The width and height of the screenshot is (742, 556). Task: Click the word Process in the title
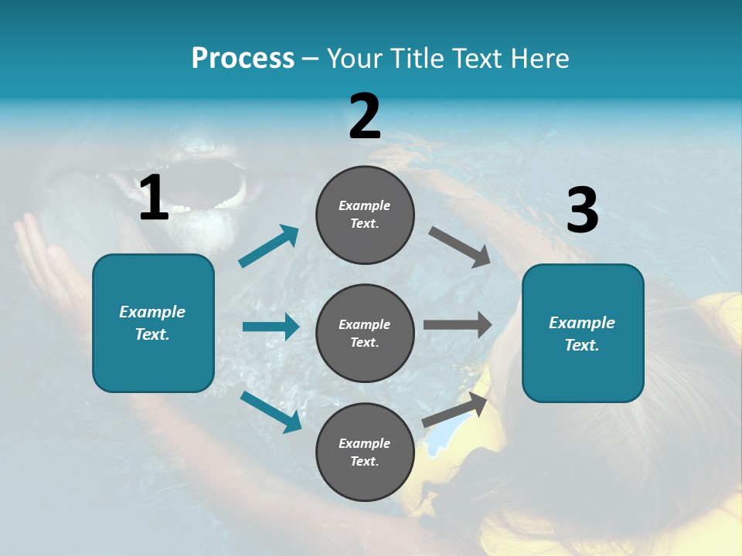coord(243,58)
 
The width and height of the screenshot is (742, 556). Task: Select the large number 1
coord(153,198)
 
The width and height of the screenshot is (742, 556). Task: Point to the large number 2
coord(365,117)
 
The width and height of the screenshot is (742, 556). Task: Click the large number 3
coord(582,211)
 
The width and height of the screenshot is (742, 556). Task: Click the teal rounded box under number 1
coord(153,323)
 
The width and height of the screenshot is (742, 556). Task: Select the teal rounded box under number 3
coord(583,334)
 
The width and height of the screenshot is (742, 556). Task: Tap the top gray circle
coord(365,215)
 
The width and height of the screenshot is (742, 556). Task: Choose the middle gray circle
coord(365,333)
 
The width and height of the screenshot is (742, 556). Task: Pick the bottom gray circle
coord(365,452)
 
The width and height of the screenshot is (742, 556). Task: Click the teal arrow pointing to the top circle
coord(269,246)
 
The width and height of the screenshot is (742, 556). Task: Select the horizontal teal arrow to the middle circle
coord(271,327)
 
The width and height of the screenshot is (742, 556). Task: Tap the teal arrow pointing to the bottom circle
coord(271,411)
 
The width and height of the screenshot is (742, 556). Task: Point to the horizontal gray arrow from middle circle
coord(458,324)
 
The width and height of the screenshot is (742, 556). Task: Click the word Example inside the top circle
coord(365,206)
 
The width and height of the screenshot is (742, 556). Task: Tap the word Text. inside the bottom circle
coord(365,461)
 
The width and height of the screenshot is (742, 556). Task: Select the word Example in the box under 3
coord(582,323)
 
